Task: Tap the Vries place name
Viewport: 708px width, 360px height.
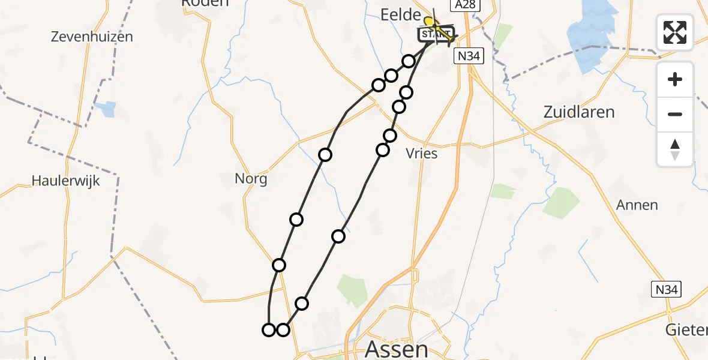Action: click(422, 154)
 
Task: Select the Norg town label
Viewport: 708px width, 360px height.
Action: click(251, 179)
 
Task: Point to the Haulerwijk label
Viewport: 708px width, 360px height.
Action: click(65, 180)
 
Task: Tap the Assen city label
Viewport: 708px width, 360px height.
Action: click(397, 349)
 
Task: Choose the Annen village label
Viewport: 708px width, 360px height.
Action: click(637, 205)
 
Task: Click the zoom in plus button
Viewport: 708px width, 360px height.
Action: click(675, 80)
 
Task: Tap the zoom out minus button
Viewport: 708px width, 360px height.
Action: click(675, 114)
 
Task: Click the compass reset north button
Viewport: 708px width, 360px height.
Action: click(675, 149)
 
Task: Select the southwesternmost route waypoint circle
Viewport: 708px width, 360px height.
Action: click(269, 329)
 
